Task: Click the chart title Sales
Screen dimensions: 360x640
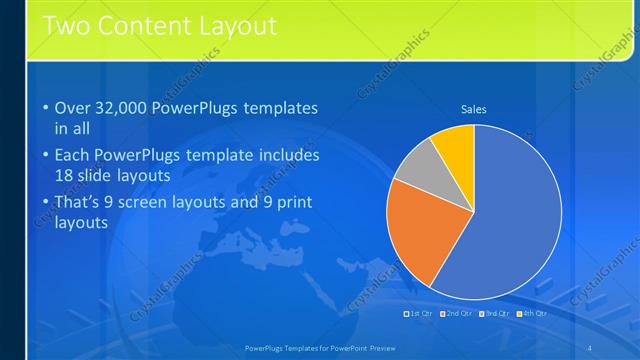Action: click(x=473, y=109)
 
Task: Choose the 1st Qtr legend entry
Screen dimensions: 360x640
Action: click(x=418, y=313)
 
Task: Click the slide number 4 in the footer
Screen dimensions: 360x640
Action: click(x=590, y=347)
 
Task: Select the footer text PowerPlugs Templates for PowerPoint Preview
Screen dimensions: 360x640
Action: click(x=320, y=347)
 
